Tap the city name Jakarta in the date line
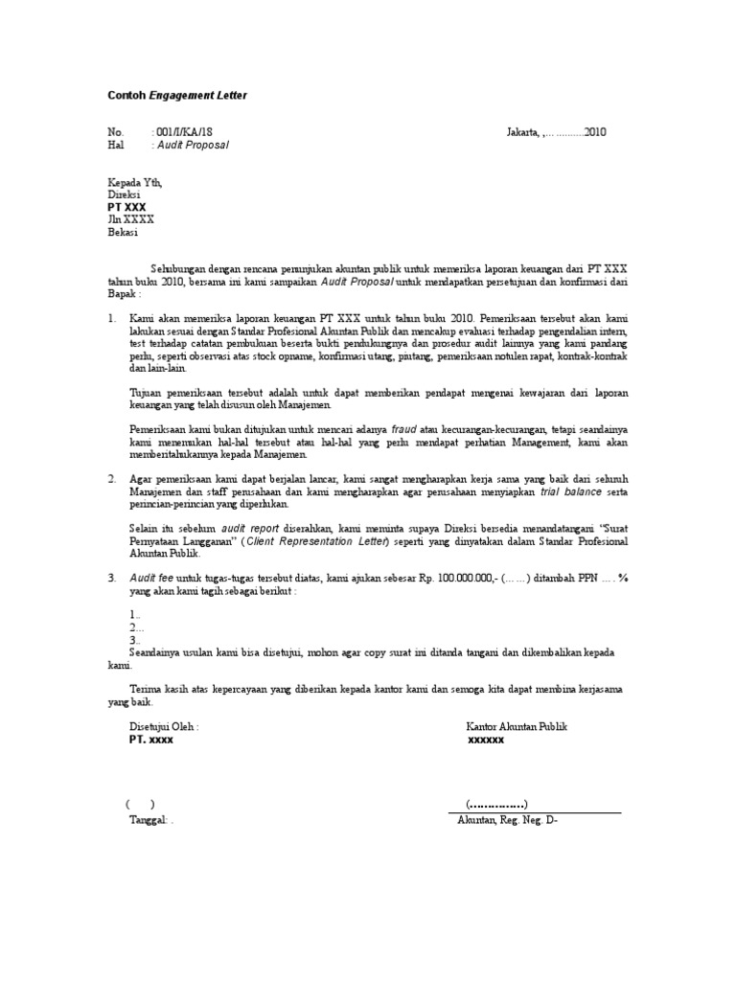[x=523, y=132]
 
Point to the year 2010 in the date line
[x=595, y=132]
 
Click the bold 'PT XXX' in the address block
[x=126, y=207]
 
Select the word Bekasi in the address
[x=123, y=233]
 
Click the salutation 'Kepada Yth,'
[x=134, y=181]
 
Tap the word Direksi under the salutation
[x=124, y=194]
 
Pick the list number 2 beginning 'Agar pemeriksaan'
[x=111, y=478]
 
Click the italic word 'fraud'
[x=405, y=430]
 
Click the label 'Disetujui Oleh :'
[x=164, y=727]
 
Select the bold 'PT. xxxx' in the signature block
[x=151, y=741]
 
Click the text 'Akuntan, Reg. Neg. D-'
[x=507, y=821]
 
